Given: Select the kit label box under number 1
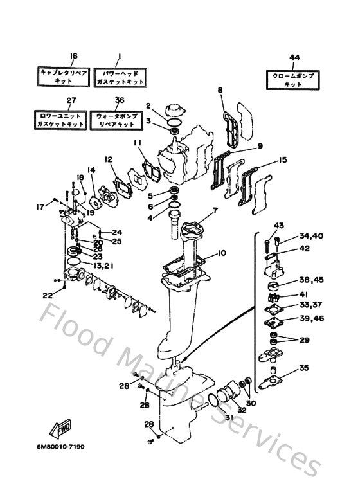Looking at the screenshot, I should point(120,78).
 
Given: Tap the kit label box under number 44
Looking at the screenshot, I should point(293,79).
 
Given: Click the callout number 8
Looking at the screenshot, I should point(221,91).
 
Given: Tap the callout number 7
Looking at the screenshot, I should point(215,210).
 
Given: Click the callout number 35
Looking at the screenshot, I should point(304,368).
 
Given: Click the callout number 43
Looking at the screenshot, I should point(278,225).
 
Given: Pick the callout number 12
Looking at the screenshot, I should point(109,158).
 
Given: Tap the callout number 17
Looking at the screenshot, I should point(40,206).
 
